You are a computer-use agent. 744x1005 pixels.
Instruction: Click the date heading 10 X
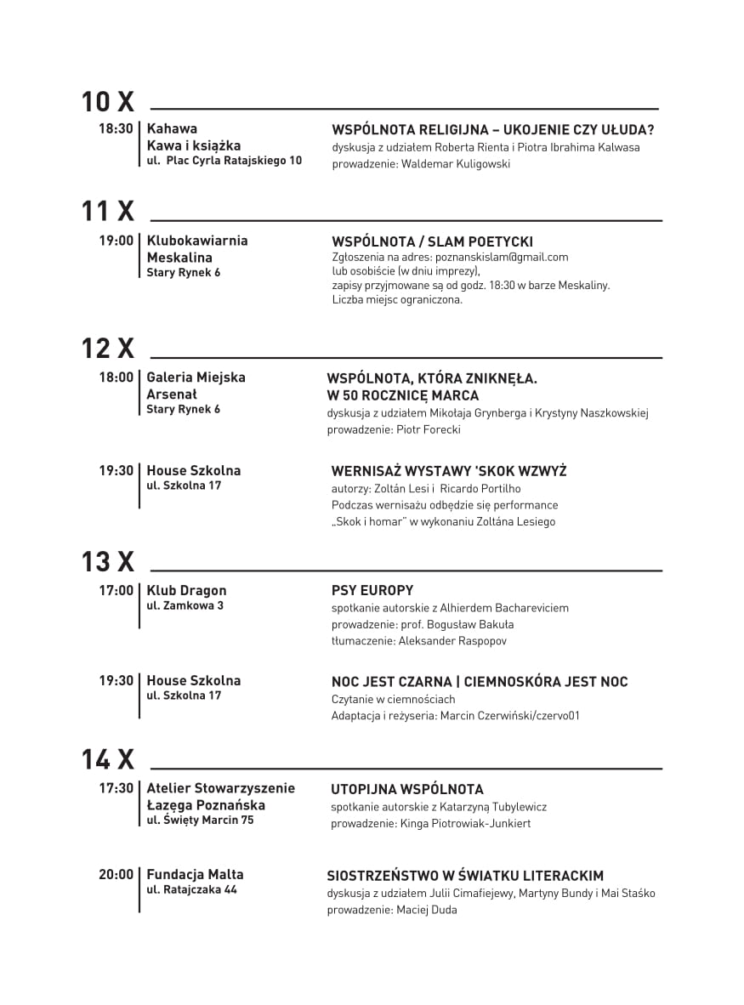[108, 102]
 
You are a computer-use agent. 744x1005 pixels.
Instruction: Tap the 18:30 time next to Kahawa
[116, 129]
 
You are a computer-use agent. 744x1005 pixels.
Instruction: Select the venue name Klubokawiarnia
[197, 241]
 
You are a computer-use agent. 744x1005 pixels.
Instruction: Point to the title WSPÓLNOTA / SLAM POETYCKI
[432, 241]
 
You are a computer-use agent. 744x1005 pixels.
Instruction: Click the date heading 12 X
[108, 348]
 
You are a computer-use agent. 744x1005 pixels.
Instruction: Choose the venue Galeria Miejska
[196, 378]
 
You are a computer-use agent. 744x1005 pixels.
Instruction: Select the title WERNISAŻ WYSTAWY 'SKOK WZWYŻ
[449, 471]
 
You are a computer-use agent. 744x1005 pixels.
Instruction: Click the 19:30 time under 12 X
[116, 470]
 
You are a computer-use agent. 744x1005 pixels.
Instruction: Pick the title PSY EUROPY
[372, 590]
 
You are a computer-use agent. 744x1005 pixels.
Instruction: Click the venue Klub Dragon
[186, 590]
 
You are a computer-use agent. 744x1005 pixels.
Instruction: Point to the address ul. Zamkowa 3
[185, 606]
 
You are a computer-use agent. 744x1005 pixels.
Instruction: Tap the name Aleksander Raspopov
[452, 641]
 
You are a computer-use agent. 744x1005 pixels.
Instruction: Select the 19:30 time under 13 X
[116, 680]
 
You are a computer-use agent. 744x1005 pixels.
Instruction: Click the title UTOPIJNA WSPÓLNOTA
[407, 789]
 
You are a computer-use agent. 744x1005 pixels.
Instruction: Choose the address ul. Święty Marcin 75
[200, 820]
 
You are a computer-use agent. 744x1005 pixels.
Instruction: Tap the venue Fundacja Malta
[195, 874]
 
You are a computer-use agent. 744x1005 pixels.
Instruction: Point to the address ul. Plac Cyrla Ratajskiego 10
[224, 161]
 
